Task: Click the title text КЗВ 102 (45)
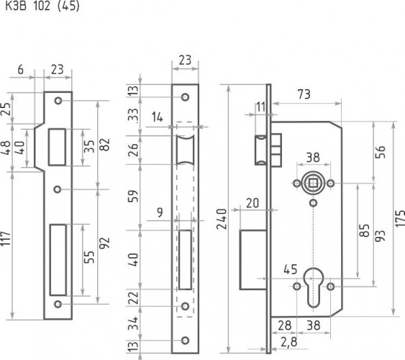pos(42,7)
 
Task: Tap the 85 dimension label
pos(364,233)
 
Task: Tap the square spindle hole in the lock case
pos(313,184)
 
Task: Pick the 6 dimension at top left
pos(20,70)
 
